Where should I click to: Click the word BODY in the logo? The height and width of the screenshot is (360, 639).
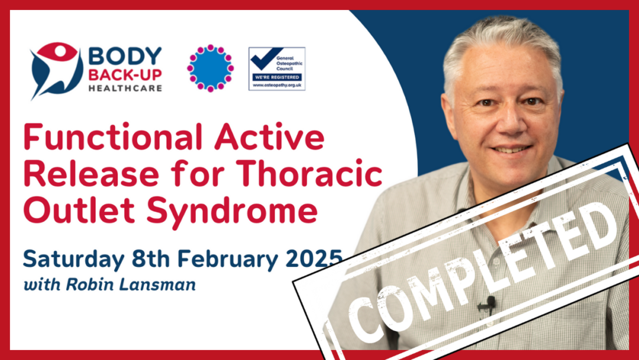(x=125, y=56)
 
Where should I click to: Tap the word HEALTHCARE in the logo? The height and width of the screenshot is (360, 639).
(x=125, y=88)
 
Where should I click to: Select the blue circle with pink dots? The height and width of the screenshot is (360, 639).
(x=210, y=68)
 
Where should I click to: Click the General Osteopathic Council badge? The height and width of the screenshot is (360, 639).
(x=277, y=69)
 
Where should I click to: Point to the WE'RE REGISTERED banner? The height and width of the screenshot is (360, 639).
(x=277, y=77)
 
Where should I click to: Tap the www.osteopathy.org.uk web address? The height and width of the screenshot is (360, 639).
(x=277, y=85)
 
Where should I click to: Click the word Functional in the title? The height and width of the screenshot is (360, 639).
(x=113, y=137)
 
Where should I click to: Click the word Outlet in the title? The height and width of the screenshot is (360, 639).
(x=79, y=210)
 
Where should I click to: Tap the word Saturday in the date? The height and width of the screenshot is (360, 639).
(x=73, y=259)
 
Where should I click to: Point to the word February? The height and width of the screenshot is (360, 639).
(x=227, y=259)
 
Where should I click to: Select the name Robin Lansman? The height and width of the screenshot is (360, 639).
(x=131, y=285)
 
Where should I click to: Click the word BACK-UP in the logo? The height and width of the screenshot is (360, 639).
(x=125, y=75)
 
